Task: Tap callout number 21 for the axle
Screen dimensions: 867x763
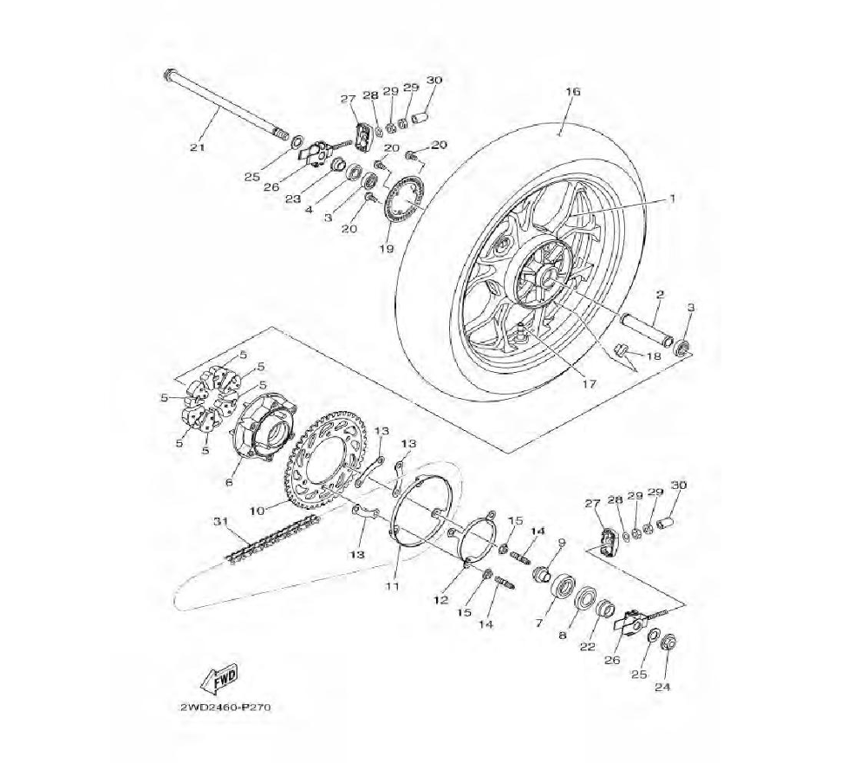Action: click(x=198, y=147)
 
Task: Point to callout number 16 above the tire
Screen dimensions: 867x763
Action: click(x=573, y=91)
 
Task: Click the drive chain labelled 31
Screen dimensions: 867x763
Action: click(x=271, y=538)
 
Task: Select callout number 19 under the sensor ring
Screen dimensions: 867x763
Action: click(x=387, y=249)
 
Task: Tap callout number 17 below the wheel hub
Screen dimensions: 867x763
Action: click(x=590, y=382)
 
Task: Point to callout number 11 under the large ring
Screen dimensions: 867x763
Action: click(x=393, y=585)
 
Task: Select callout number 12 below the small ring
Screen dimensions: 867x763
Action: click(x=441, y=599)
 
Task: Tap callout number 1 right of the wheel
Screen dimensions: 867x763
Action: click(x=673, y=198)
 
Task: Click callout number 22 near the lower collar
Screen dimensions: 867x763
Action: click(x=588, y=647)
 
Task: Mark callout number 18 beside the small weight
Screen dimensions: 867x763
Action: click(x=654, y=356)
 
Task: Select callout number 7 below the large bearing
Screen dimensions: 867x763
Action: click(x=539, y=623)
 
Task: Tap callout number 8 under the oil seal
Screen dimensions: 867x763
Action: click(x=563, y=636)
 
